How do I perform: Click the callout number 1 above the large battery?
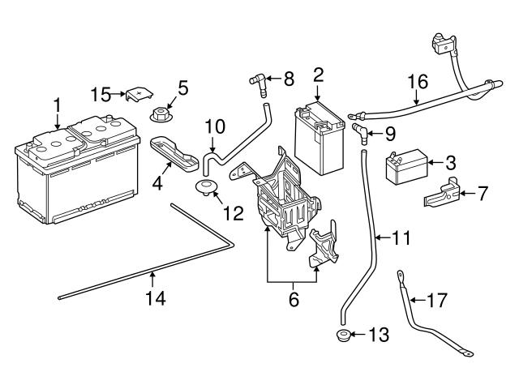pyautogui.click(x=57, y=105)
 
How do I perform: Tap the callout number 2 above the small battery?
pyautogui.click(x=318, y=75)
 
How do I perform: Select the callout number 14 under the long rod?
pyautogui.click(x=155, y=299)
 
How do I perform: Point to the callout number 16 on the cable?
pyautogui.click(x=417, y=81)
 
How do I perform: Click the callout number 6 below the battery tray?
pyautogui.click(x=294, y=300)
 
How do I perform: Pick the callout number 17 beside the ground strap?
pyautogui.click(x=436, y=300)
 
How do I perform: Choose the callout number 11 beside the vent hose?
pyautogui.click(x=401, y=238)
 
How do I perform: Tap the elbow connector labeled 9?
pyautogui.click(x=359, y=131)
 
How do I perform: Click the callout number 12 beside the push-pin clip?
pyautogui.click(x=233, y=213)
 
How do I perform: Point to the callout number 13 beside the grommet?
pyautogui.click(x=378, y=335)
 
